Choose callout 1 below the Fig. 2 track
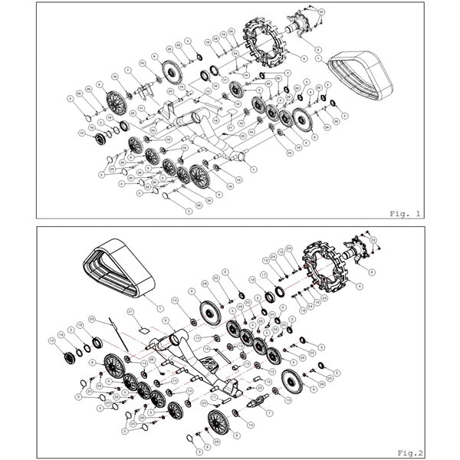click(160, 307)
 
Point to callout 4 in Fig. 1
click(304, 58)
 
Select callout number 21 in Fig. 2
click(131, 311)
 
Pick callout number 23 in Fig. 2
click(92, 318)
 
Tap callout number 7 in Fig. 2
click(269, 412)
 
